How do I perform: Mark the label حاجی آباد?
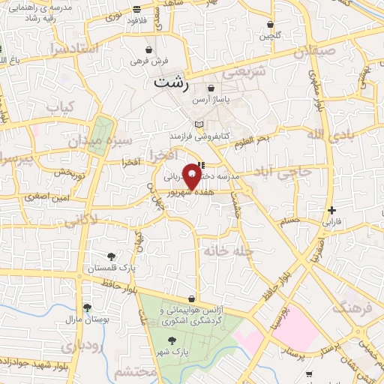coord(284,174)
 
